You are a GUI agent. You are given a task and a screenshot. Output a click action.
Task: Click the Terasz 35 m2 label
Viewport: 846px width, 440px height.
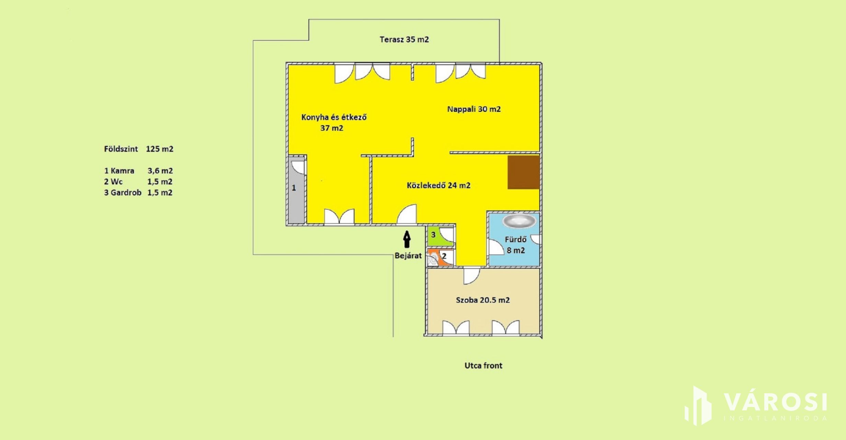pos(404,40)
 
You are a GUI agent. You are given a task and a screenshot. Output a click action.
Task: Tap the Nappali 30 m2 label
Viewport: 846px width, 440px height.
pos(474,109)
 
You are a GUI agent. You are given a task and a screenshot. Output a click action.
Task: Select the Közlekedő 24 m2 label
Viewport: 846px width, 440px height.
pos(438,185)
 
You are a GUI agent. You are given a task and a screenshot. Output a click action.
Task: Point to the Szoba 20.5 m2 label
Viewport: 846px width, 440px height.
pos(483,300)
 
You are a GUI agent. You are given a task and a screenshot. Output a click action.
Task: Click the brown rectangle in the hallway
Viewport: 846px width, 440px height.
pos(523,172)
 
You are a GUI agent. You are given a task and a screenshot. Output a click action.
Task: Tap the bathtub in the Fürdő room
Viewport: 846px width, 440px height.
pos(519,221)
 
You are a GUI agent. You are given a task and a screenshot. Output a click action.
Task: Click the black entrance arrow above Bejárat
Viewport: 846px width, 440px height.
pos(407,239)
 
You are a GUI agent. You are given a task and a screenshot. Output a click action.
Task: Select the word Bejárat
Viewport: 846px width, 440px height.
pos(408,256)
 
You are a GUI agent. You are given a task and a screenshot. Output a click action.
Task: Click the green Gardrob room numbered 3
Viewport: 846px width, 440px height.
pos(441,236)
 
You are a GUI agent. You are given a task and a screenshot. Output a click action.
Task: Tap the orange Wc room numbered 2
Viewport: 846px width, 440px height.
pos(441,257)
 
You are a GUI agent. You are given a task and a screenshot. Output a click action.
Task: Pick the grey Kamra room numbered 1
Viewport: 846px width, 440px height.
pos(296,190)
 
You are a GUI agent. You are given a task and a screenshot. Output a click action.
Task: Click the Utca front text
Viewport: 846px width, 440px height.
pos(483,366)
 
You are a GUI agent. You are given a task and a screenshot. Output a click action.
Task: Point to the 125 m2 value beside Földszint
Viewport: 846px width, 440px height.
pos(160,149)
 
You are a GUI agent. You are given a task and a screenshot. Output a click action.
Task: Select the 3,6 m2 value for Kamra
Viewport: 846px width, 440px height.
pos(160,171)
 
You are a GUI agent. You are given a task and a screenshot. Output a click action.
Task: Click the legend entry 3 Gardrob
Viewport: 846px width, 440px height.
pos(123,193)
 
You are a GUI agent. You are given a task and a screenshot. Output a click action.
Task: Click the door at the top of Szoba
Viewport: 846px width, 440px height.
pos(471,276)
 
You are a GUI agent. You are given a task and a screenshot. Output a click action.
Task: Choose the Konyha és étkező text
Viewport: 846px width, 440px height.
pos(334,117)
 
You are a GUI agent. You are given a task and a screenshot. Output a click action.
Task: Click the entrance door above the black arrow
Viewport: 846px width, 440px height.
pos(407,214)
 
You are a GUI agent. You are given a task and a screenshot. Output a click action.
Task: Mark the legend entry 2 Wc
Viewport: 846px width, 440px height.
pos(113,182)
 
